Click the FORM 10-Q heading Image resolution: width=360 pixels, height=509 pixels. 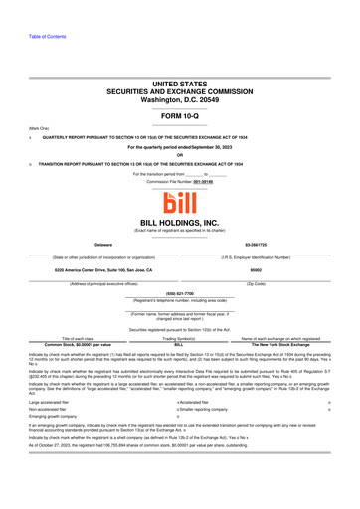point(179,116)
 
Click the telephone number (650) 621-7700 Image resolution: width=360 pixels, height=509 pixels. point(179,293)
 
